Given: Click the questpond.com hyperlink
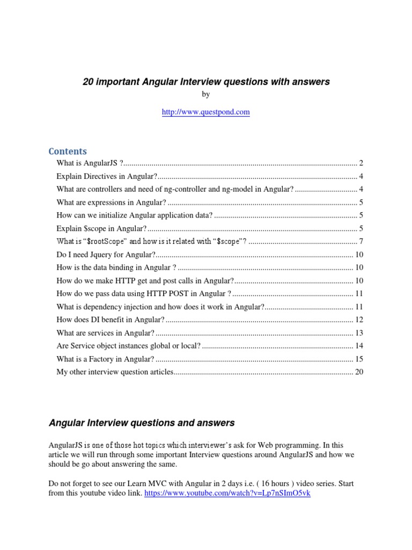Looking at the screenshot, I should click(206, 112).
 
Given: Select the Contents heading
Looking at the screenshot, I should click(68, 151).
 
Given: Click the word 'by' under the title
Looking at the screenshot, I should click(206, 95).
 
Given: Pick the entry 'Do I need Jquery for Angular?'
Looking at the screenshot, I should click(106, 254).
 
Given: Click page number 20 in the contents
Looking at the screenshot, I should click(359, 372).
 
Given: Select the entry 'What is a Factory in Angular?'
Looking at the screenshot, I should click(105, 359).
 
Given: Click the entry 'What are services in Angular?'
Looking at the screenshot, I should click(105, 333).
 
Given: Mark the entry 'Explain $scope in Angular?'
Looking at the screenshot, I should click(101, 228).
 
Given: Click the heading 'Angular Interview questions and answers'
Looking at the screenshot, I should click(142, 423).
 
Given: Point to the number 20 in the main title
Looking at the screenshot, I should click(88, 82).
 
